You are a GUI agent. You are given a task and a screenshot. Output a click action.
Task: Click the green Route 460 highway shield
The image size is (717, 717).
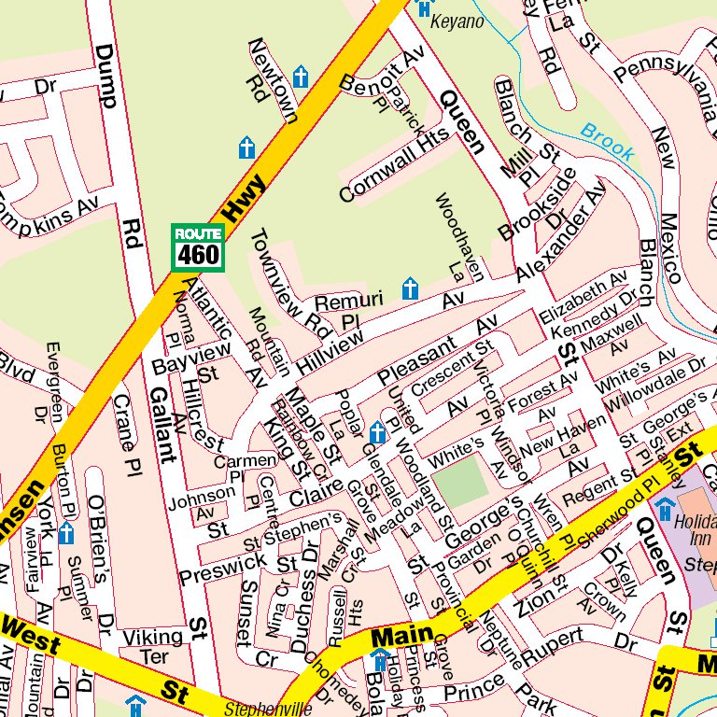(198, 247)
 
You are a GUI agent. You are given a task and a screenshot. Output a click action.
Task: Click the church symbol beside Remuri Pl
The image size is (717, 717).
(409, 289)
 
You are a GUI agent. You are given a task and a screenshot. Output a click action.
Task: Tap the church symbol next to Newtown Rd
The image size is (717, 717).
(301, 77)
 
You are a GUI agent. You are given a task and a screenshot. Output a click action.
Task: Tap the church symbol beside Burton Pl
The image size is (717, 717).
(66, 534)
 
